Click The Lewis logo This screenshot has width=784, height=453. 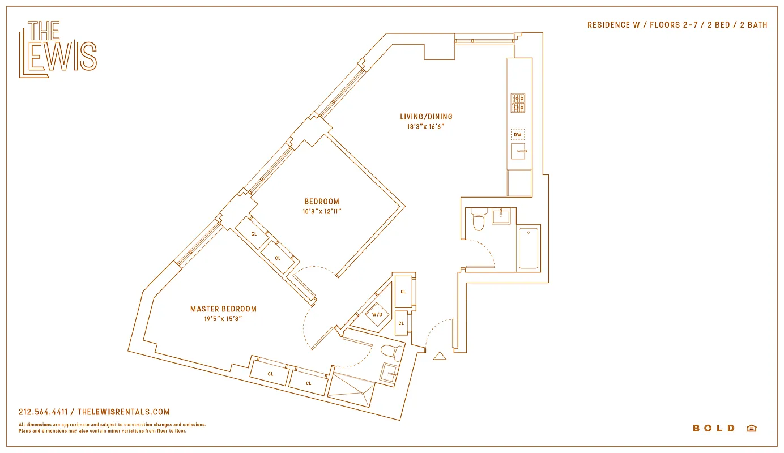point(58,49)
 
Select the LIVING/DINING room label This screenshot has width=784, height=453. point(426,117)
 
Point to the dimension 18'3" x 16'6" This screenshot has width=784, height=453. point(426,127)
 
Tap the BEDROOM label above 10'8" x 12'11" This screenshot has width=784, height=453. point(322,202)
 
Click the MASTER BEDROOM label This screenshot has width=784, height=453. point(223,309)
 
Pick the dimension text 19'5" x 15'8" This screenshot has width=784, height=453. point(223,319)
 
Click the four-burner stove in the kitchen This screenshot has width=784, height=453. point(518,102)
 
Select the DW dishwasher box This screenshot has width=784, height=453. point(518,135)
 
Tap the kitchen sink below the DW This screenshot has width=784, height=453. point(518,151)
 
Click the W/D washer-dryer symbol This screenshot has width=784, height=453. point(377,314)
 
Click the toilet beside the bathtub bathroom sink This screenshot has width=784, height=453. point(479,220)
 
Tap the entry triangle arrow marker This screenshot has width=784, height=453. point(440,356)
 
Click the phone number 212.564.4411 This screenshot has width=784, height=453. point(43,412)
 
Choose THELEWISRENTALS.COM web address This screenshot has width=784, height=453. point(123,412)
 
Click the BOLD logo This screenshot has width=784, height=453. point(714,428)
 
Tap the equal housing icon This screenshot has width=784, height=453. point(752,428)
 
